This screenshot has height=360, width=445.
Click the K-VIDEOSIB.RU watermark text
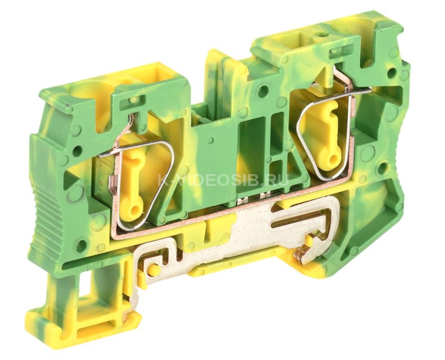pyautogui.click(x=223, y=180)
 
